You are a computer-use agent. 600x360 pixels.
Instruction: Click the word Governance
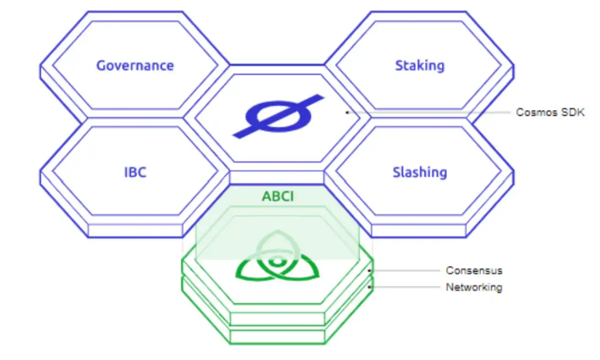coord(135,66)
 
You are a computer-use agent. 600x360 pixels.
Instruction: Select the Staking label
coord(420,66)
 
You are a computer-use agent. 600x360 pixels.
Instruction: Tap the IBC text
coord(135,173)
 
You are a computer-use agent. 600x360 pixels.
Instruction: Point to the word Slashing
coord(420,173)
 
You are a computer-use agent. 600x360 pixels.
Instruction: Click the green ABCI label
coord(278,196)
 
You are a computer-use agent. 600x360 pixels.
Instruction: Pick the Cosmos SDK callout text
coord(550,112)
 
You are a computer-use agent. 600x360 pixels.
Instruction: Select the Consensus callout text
coord(474,270)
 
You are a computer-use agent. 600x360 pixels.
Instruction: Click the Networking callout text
coord(474,287)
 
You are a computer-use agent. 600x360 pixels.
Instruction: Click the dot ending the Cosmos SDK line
coord(347,112)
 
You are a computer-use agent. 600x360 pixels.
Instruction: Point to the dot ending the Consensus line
coord(370,270)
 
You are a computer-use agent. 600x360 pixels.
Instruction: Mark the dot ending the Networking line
coord(370,287)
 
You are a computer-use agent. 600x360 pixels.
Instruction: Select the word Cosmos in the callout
coord(537,112)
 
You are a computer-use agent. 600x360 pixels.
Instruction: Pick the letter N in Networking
coord(449,287)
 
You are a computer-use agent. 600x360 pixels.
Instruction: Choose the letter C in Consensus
coord(449,270)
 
